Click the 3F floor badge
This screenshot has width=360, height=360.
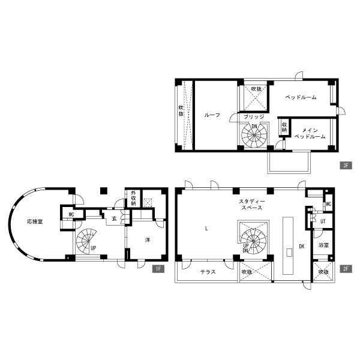tap(346, 166)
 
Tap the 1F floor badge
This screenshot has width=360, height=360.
tap(158, 269)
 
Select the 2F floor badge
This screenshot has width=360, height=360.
tap(346, 269)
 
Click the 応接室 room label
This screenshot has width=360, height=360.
tap(35, 222)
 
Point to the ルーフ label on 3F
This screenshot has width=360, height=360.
tap(212, 115)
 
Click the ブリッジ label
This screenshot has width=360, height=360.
tap(254, 116)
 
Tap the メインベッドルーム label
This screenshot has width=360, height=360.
tap(310, 133)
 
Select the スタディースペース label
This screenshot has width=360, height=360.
tap(252, 205)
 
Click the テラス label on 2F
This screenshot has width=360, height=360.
tap(208, 272)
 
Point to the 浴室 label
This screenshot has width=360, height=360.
tap(323, 245)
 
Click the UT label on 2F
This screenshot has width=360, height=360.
tap(323, 221)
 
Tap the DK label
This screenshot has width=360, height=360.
tap(302, 247)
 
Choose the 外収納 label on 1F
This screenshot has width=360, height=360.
tap(133, 198)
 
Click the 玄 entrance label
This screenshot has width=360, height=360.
tap(115, 218)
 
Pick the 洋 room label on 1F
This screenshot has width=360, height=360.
tap(148, 240)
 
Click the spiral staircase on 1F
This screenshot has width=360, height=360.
tap(87, 241)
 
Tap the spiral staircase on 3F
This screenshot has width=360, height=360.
tap(254, 135)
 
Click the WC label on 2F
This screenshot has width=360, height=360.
tap(329, 204)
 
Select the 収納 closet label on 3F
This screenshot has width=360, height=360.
tap(284, 127)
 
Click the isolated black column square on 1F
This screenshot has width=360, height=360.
tap(104, 191)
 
